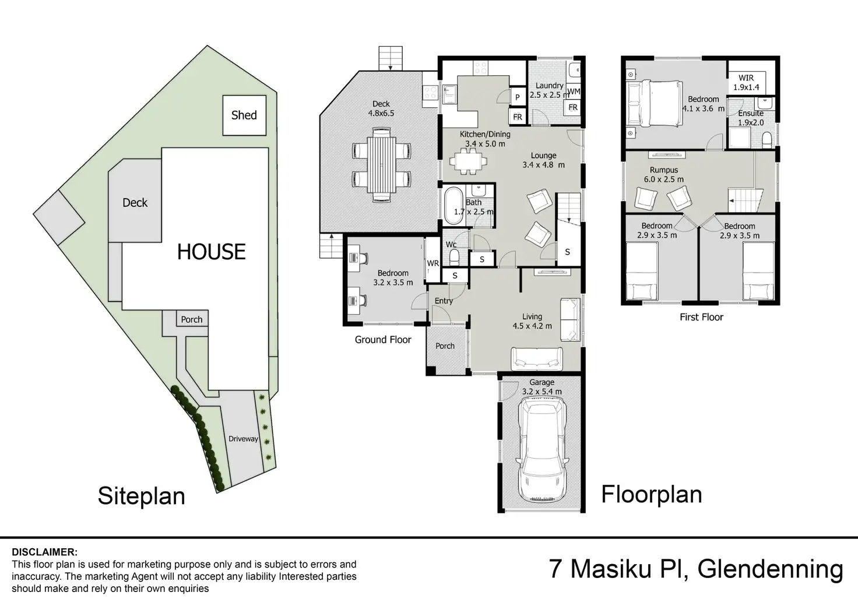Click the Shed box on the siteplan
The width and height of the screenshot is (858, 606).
(244, 115)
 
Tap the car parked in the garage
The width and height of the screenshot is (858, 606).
(542, 449)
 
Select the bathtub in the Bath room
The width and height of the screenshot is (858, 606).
(454, 205)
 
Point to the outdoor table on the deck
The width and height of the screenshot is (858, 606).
(382, 165)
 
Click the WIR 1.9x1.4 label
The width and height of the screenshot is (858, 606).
(746, 82)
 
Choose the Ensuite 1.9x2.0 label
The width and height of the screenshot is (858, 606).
(751, 118)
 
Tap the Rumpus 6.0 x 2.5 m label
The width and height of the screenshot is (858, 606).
(664, 175)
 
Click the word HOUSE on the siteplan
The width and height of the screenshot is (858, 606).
(211, 252)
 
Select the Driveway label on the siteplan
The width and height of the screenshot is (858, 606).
(243, 439)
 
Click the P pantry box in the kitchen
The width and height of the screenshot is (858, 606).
(518, 97)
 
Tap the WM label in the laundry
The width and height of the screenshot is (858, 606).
(574, 91)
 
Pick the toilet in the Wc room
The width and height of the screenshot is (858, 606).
(454, 258)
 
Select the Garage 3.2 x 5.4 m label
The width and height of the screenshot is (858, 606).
(541, 387)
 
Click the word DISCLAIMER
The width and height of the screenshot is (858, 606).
(44, 552)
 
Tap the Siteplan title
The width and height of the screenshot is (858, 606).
(141, 496)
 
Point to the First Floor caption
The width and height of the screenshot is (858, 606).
(701, 317)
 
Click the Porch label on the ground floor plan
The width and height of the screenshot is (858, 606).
(445, 346)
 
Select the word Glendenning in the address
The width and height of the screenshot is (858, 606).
(771, 569)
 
